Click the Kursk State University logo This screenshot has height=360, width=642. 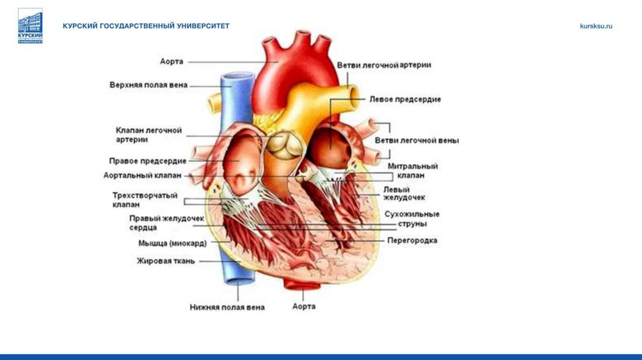(x=30, y=26)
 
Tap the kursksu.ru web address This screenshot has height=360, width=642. (x=596, y=26)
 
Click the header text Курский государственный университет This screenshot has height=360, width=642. (x=145, y=26)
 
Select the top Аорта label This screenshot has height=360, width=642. (x=171, y=61)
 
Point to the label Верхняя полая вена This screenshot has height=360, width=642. (x=149, y=85)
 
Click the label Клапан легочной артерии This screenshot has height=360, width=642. (x=149, y=135)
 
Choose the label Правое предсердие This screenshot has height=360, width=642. (x=147, y=161)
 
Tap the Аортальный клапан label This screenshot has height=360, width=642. (x=142, y=176)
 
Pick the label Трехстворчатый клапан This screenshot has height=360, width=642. (x=145, y=200)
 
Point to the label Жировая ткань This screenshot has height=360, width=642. (x=166, y=261)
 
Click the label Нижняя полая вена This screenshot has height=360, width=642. (x=227, y=307)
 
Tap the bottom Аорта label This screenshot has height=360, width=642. (x=304, y=307)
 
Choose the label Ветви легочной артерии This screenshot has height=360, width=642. (x=384, y=65)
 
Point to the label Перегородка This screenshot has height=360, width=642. (x=412, y=240)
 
